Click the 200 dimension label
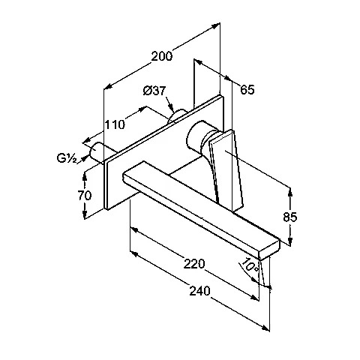[162, 56]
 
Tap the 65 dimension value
[247, 90]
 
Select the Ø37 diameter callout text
[154, 91]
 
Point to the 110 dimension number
[114, 124]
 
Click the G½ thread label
[67, 158]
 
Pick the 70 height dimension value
[85, 195]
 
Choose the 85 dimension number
[290, 217]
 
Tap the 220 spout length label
[194, 264]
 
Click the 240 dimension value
[200, 291]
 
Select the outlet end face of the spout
[269, 249]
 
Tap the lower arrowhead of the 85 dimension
[290, 241]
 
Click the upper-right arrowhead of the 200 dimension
[215, 25]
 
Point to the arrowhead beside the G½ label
[86, 157]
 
